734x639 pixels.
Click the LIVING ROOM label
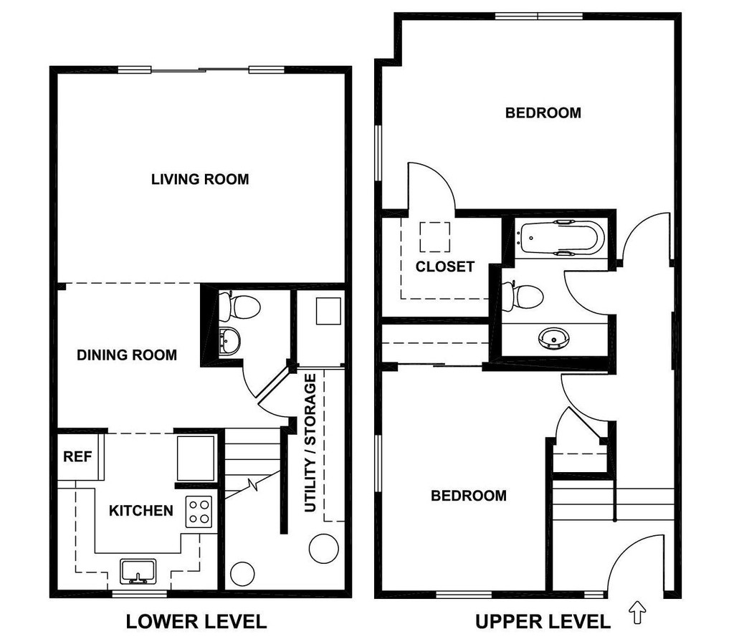tap(200, 179)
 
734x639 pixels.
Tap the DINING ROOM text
tap(127, 355)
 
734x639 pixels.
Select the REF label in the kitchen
tap(77, 456)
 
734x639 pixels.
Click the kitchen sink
tap(138, 572)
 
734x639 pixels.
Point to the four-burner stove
tap(200, 511)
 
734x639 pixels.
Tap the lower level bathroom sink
tap(230, 341)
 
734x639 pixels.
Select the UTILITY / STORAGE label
tap(310, 443)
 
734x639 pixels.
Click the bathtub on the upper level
tap(561, 239)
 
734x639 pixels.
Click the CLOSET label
tap(445, 266)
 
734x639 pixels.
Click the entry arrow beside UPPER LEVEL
tap(637, 612)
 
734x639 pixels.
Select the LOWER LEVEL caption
tap(196, 621)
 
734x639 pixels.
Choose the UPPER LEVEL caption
tap(541, 621)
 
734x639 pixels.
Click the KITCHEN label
tap(141, 511)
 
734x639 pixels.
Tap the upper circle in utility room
tap(323, 548)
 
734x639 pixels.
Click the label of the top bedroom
tap(543, 112)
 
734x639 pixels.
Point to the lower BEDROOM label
tap(468, 496)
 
